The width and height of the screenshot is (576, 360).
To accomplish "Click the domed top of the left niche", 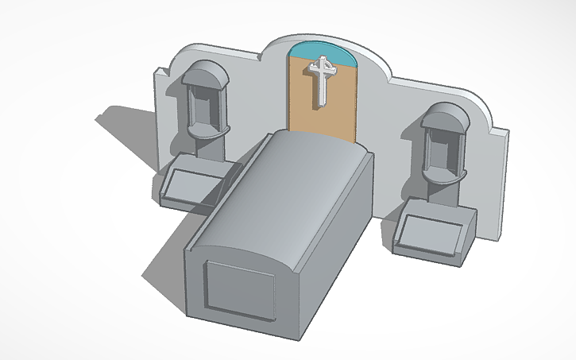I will click(x=205, y=74).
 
